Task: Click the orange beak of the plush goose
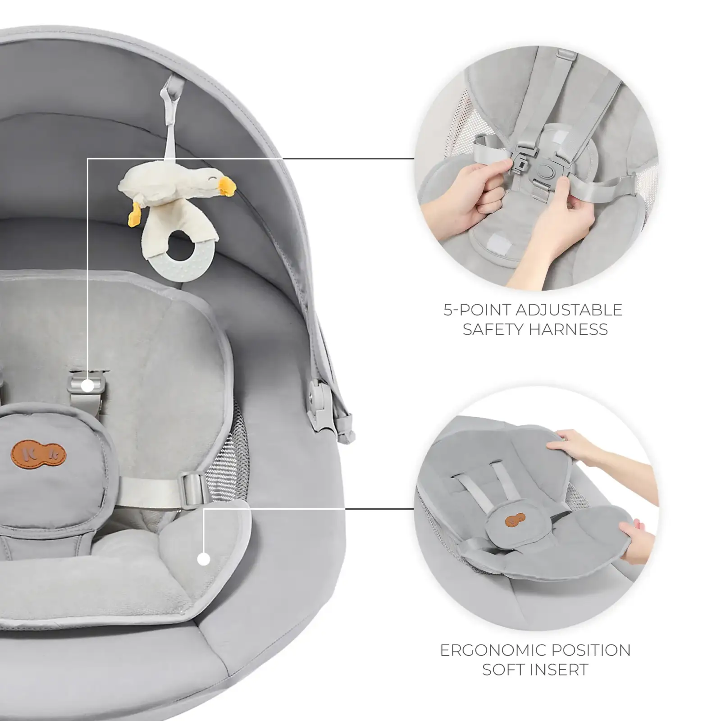point(227,183)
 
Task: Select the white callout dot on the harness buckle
point(88,385)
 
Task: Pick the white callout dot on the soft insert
point(204,559)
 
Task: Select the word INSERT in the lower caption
point(561,670)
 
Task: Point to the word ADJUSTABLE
point(568,310)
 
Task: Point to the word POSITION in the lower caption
point(597,650)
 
